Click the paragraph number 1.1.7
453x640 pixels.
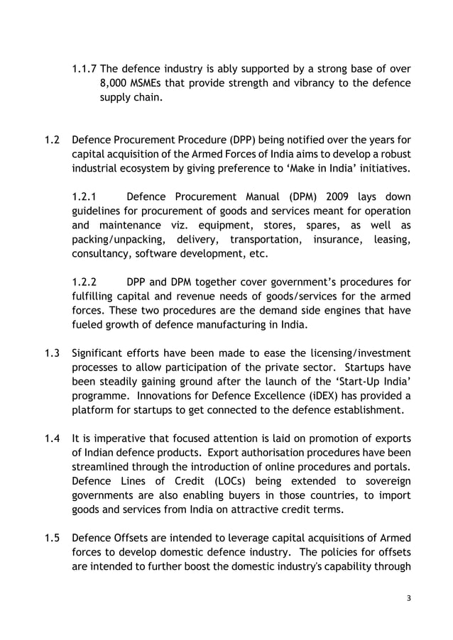[x=84, y=70]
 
